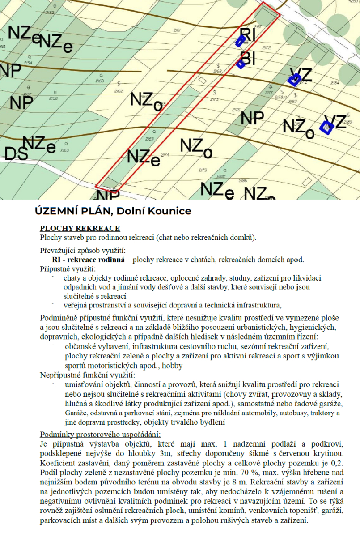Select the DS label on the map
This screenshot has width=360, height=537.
15,153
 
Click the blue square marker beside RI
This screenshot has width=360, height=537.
240,42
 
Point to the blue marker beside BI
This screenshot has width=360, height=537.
241,64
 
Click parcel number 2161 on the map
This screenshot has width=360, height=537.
177,30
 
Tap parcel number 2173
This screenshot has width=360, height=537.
215,99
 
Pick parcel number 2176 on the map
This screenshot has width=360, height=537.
236,110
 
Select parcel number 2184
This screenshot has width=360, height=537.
335,83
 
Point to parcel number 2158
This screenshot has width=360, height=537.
54,98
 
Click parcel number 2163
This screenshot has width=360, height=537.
64,150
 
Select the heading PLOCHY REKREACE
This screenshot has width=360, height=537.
80,228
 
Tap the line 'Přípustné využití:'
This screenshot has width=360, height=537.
67,269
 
